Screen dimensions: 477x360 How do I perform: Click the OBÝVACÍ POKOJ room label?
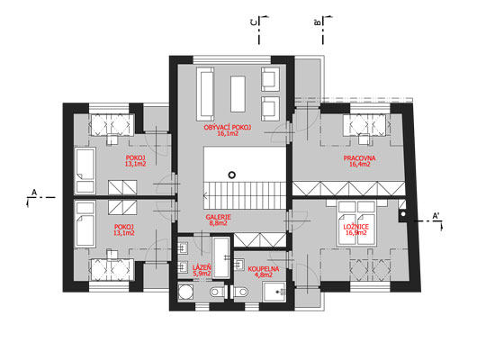228,127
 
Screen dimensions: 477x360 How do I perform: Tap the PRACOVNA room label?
359,158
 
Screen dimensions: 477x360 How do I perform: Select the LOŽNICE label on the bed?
355,227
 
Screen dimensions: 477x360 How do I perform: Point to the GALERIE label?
218,217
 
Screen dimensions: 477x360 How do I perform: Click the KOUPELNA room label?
264,269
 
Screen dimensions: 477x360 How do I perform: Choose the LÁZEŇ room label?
202,267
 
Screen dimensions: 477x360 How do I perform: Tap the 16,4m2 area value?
360,165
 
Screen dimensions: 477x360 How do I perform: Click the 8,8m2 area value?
218,223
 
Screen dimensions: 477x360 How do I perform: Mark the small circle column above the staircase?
232,175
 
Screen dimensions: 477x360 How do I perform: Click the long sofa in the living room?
205,94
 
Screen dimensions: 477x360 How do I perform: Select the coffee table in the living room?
238,94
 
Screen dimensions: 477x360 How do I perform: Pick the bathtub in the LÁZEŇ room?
221,257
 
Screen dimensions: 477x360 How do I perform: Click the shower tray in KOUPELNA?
274,292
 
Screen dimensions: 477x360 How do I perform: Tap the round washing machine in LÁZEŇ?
185,292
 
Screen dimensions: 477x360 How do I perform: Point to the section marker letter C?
253,22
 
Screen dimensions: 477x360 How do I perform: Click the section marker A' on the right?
436,216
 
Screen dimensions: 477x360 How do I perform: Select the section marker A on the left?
34,193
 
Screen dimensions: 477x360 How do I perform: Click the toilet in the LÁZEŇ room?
217,292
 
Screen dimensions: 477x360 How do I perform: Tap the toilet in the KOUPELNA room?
240,292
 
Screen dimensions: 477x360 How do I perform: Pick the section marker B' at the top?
317,22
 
